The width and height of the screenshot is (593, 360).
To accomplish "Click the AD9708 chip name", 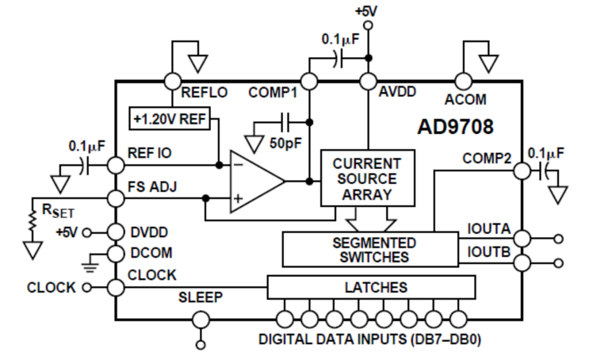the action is (x=455, y=126).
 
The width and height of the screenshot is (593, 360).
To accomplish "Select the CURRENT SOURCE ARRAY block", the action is (x=368, y=178).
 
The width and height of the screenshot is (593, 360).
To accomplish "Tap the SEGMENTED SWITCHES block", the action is (x=370, y=250).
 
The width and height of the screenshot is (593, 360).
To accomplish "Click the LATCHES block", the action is (x=371, y=287).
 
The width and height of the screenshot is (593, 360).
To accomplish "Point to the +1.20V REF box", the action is (x=170, y=119).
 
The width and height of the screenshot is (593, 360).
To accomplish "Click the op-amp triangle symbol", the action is (x=258, y=181).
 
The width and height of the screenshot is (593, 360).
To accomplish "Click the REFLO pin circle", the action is (x=173, y=82).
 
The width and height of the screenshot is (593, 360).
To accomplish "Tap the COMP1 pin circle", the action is (x=309, y=82).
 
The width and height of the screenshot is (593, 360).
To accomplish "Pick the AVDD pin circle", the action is (x=368, y=82).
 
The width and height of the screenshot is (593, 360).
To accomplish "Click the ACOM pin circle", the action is (x=463, y=82).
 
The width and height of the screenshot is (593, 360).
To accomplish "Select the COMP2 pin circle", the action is (x=522, y=171).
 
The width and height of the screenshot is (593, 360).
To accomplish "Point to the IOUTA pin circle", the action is (x=522, y=239).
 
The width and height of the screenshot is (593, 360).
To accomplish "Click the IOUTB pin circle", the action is (x=522, y=262).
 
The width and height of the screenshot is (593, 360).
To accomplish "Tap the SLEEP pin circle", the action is (x=201, y=320).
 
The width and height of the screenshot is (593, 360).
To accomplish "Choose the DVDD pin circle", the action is (x=116, y=232).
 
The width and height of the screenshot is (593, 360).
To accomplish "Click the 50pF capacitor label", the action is (x=285, y=144).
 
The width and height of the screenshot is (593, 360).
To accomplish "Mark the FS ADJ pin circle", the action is (x=116, y=198).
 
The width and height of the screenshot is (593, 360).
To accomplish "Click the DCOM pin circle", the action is (x=116, y=254).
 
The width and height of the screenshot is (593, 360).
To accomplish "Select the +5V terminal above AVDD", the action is (x=368, y=25).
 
